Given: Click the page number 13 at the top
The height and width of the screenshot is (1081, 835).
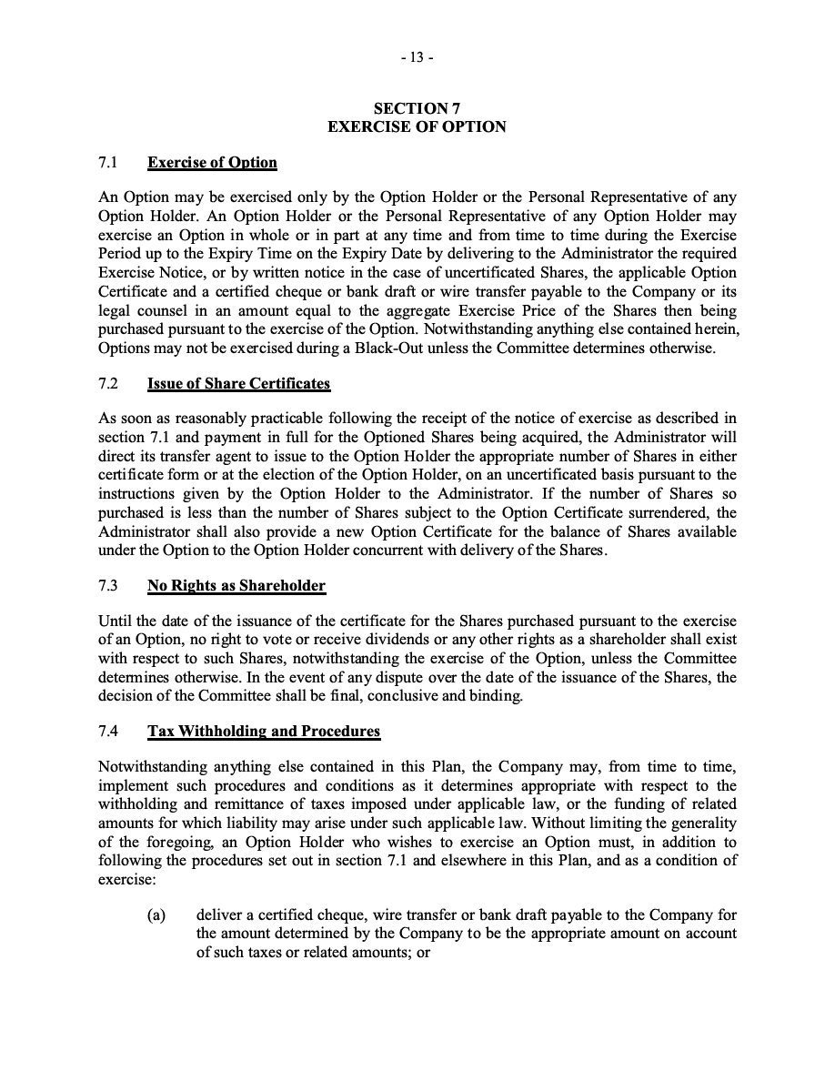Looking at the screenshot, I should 417,57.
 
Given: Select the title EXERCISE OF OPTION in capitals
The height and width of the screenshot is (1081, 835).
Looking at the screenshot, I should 417,126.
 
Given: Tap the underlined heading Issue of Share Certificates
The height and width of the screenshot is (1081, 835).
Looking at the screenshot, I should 238,383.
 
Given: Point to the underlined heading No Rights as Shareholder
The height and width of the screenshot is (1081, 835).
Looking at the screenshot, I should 236,586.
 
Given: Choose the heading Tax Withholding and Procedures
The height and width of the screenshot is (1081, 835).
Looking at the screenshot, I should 264,732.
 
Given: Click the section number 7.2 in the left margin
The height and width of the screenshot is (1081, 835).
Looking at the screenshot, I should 108,383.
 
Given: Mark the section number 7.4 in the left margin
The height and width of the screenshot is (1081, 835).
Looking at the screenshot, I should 108,732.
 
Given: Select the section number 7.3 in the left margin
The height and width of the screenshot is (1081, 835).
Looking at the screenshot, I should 108,586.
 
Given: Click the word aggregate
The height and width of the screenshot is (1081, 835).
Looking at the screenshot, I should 423,308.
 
